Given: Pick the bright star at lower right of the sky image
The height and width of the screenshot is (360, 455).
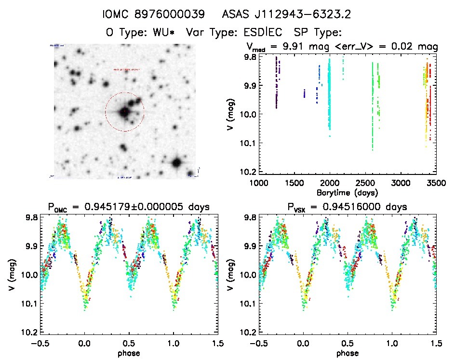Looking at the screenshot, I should pyautogui.click(x=176, y=162).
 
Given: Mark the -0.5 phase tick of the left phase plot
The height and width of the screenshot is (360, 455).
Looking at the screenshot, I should pyautogui.click(x=41, y=343).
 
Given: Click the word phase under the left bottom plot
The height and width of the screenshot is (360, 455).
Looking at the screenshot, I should pyautogui.click(x=129, y=353).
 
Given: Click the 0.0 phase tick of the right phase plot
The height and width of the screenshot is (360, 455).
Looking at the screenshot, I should pyautogui.click(x=304, y=343).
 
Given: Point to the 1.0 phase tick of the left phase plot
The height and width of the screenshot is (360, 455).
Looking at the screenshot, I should pyautogui.click(x=174, y=343).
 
